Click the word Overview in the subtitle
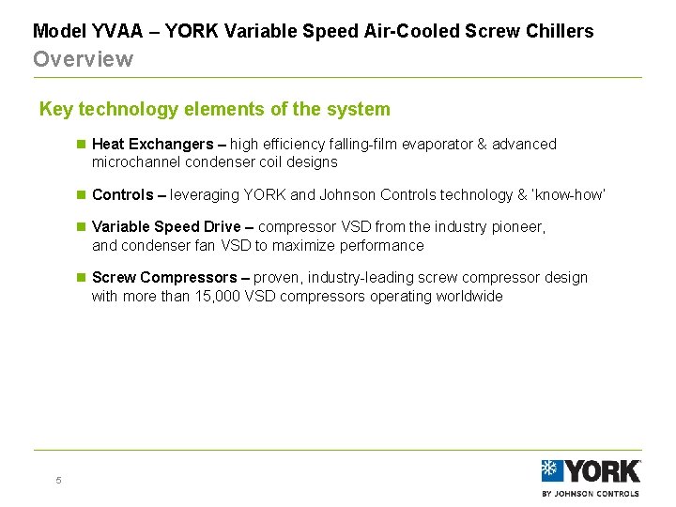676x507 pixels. point(83,59)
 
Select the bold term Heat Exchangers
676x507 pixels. point(152,145)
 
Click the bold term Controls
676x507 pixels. point(122,195)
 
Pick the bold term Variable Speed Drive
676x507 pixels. point(166,227)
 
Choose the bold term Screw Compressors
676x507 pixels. point(164,278)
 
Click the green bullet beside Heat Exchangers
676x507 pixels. point(81,145)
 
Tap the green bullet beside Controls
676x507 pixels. point(81,195)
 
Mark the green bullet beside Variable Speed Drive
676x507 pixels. point(81,227)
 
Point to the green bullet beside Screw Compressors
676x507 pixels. point(81,278)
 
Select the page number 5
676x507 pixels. point(58,481)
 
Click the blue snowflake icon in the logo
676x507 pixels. point(551,471)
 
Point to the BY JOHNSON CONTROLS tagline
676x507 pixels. point(591,493)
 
